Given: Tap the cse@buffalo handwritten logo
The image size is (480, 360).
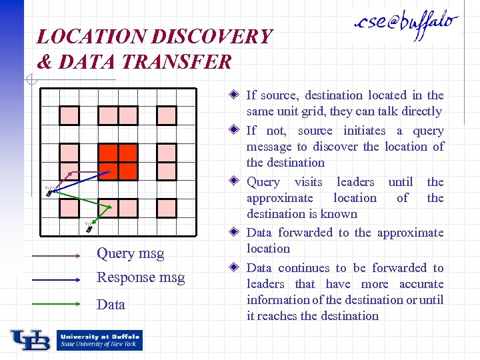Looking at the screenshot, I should [407, 25].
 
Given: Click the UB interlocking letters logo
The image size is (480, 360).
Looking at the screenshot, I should [30, 341].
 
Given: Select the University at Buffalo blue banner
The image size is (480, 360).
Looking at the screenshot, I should [99, 340].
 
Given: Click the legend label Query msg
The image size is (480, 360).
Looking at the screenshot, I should [131, 253].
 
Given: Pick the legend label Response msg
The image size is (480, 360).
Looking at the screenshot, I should [141, 277].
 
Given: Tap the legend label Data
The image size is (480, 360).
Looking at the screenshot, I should [111, 305].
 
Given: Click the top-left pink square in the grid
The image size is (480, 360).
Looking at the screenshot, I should [70, 115].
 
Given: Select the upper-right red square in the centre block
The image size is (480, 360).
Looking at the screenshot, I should [128, 153].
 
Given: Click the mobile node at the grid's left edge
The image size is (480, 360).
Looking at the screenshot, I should [49, 192].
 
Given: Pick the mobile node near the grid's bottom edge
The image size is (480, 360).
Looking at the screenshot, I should [89, 227].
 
